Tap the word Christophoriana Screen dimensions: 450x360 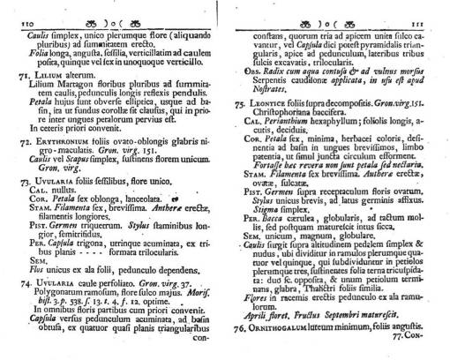click(277, 113)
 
